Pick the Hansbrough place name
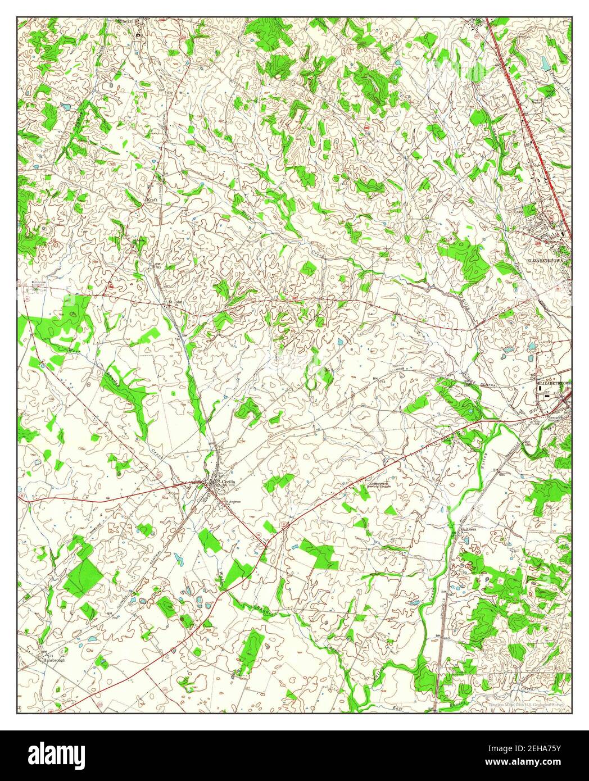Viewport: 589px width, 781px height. point(54,660)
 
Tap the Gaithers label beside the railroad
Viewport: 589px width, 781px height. point(468,529)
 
